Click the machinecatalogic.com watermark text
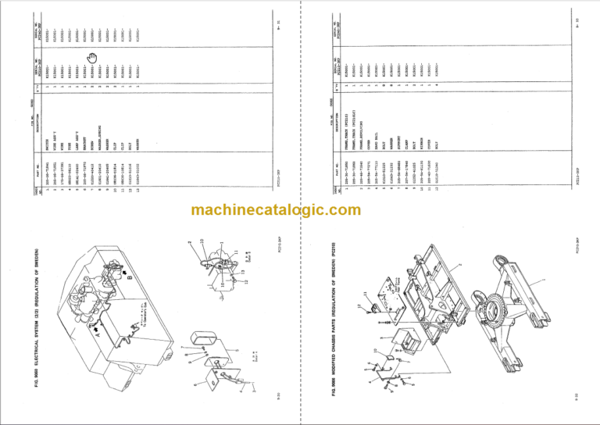tap(300, 212)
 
